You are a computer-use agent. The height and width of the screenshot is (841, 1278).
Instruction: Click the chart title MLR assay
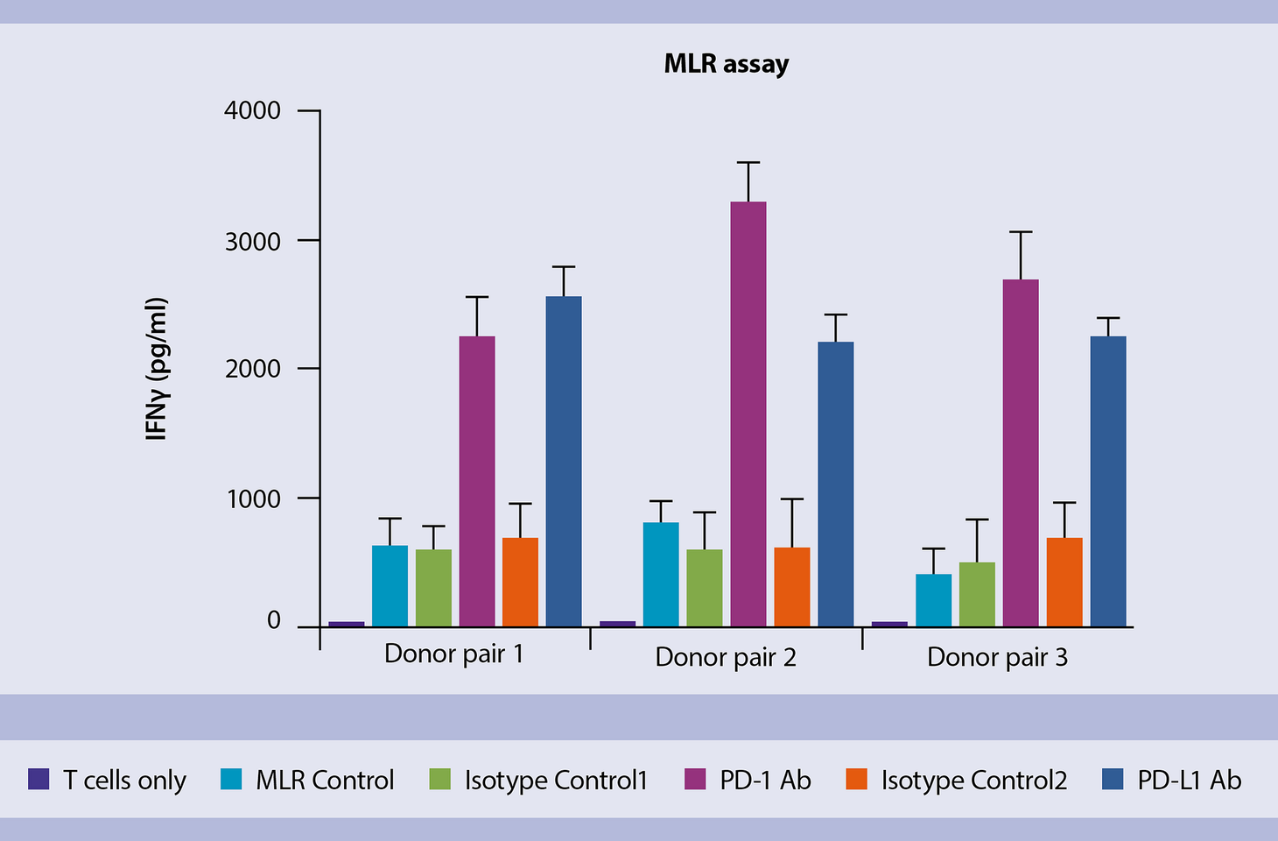[x=727, y=64]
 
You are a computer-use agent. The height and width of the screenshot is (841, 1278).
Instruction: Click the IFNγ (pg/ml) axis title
[x=156, y=369]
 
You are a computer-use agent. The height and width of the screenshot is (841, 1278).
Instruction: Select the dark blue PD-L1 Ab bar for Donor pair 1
[x=564, y=461]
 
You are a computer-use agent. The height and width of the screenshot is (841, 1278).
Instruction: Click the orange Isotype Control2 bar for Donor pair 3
[x=1064, y=582]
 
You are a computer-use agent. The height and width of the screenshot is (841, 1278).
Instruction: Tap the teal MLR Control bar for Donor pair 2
[x=661, y=574]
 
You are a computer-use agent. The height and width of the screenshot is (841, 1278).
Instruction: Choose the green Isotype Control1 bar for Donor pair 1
[x=433, y=587]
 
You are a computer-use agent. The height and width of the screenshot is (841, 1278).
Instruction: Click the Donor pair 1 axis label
[x=453, y=654]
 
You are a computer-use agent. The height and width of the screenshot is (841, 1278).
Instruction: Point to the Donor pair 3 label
[x=997, y=657]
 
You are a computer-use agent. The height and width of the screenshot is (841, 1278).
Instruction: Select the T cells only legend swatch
[x=39, y=780]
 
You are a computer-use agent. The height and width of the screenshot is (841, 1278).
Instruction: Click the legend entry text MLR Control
[x=325, y=780]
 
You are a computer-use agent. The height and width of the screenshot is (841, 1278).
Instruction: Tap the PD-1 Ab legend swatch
[x=695, y=780]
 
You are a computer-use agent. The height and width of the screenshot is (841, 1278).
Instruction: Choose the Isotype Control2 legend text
[x=974, y=780]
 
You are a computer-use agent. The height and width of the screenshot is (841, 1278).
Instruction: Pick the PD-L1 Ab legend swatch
[x=1112, y=780]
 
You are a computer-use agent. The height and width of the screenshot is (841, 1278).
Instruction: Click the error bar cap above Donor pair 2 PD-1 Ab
[x=748, y=162]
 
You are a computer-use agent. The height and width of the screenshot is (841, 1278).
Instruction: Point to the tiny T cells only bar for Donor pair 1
[x=346, y=624]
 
